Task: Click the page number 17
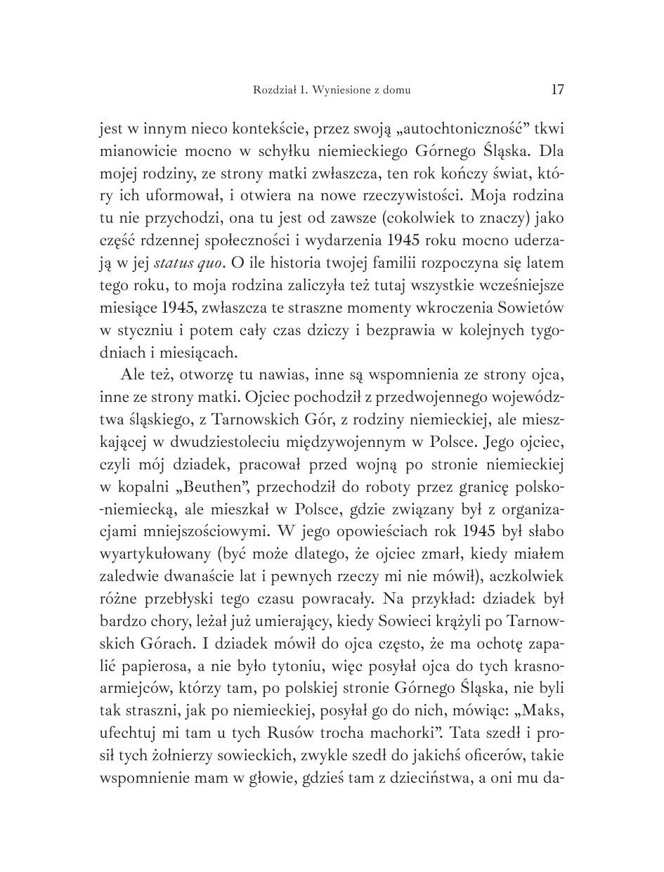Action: click(557, 89)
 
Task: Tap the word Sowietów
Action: click(530, 308)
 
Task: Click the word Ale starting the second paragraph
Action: click(133, 375)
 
